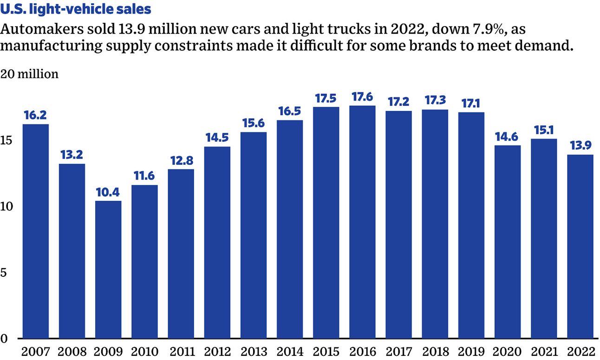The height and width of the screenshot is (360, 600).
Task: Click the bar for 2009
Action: [108, 269]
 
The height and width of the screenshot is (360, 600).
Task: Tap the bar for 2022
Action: [580, 246]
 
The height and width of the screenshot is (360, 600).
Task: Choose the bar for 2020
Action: [508, 242]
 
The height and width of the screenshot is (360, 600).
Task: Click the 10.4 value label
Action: [108, 191]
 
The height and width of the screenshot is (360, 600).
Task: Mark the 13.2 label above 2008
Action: [72, 155]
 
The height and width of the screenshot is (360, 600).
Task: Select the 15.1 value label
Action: [544, 130]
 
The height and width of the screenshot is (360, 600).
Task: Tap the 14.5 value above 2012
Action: [217, 137]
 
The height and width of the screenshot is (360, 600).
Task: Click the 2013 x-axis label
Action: [253, 351]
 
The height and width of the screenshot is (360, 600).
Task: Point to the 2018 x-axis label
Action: [435, 351]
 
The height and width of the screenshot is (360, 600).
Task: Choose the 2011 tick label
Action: [181, 351]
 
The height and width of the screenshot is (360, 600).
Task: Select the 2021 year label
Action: [544, 351]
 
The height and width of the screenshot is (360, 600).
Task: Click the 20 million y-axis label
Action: [30, 74]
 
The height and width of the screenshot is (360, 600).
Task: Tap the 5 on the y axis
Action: [5, 273]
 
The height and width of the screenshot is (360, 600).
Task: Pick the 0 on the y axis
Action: [5, 339]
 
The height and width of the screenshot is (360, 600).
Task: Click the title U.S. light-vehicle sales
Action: [76, 9]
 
